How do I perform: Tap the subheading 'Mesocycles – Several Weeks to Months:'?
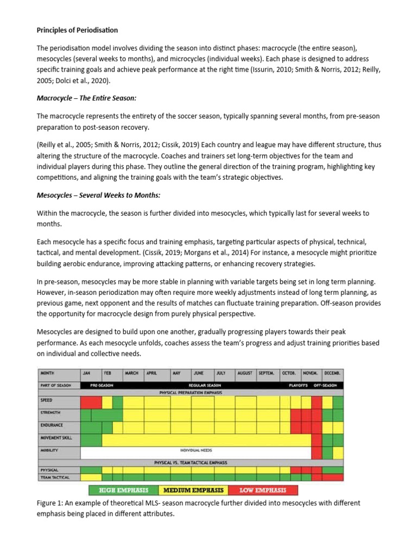tap(98, 195)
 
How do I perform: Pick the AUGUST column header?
tap(245, 374)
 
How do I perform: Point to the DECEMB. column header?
tap(332, 374)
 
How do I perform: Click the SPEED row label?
tap(47, 401)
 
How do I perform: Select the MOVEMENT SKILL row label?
tap(56, 438)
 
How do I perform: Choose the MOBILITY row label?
tap(49, 450)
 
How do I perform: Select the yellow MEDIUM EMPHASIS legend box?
tap(193, 490)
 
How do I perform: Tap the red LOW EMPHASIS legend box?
tap(263, 490)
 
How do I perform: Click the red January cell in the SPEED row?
tap(91, 402)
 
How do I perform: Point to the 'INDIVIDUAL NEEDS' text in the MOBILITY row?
tap(196, 450)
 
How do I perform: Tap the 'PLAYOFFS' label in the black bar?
tap(298, 385)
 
